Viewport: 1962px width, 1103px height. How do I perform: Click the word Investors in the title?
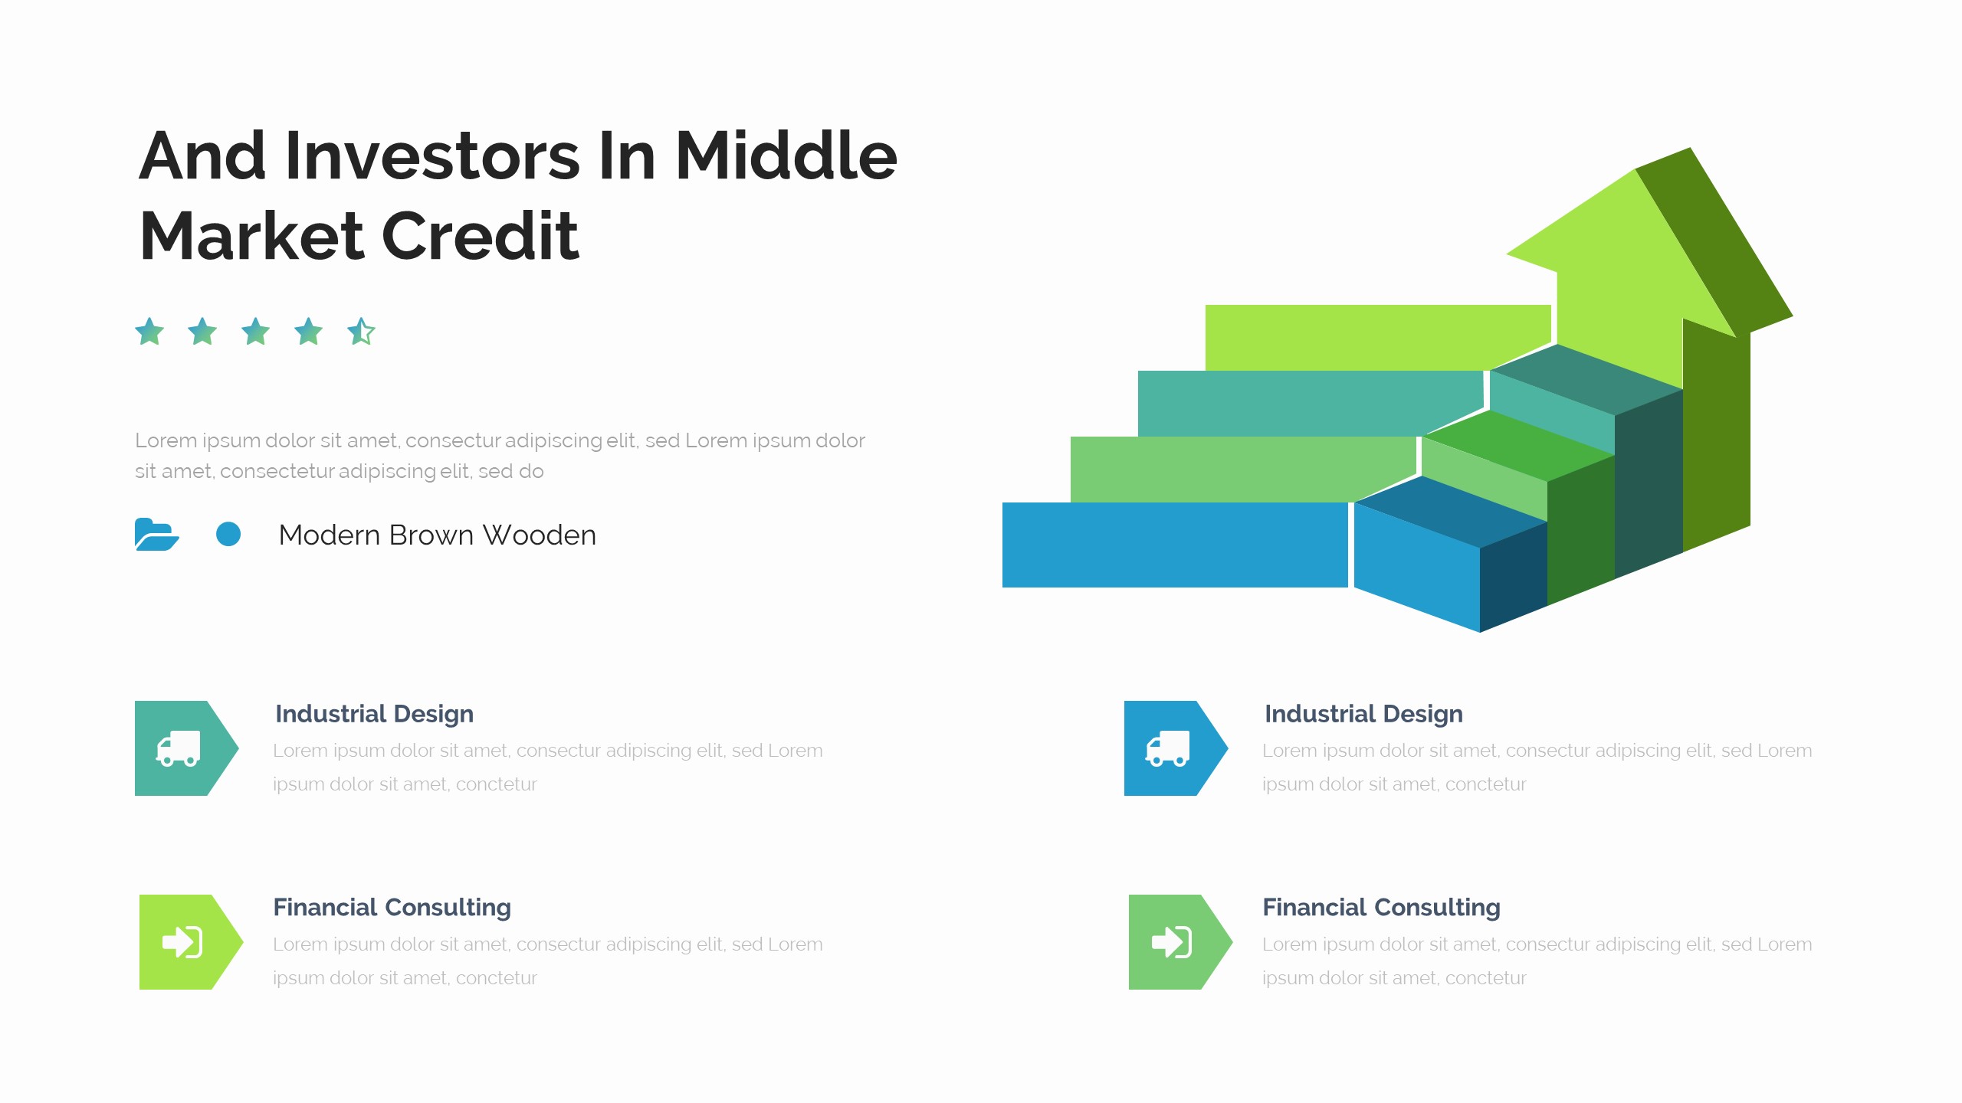(432, 156)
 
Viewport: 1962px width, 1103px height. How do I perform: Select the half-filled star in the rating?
(361, 332)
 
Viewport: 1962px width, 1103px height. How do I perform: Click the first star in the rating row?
(149, 332)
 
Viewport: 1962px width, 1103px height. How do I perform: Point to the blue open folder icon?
(156, 535)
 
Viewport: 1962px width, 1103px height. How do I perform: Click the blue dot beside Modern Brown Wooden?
(228, 534)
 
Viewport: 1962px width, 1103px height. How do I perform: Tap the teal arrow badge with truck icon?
(186, 748)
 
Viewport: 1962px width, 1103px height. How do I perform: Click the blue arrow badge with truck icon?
(1176, 748)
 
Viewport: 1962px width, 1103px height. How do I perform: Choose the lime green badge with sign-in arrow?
(191, 942)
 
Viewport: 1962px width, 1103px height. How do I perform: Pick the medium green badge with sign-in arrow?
(1180, 942)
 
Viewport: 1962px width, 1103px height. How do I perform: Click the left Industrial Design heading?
(374, 714)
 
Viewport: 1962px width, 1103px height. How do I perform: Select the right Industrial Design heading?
(1363, 714)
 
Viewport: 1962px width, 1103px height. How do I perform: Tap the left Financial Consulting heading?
(392, 908)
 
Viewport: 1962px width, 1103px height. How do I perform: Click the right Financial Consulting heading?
(1381, 908)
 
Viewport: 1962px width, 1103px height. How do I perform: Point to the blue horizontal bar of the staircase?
(1175, 545)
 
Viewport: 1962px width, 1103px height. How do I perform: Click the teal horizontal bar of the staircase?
(1311, 404)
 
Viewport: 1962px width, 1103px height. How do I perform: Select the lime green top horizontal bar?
(1378, 338)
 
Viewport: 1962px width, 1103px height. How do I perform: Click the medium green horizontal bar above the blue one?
(1243, 470)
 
